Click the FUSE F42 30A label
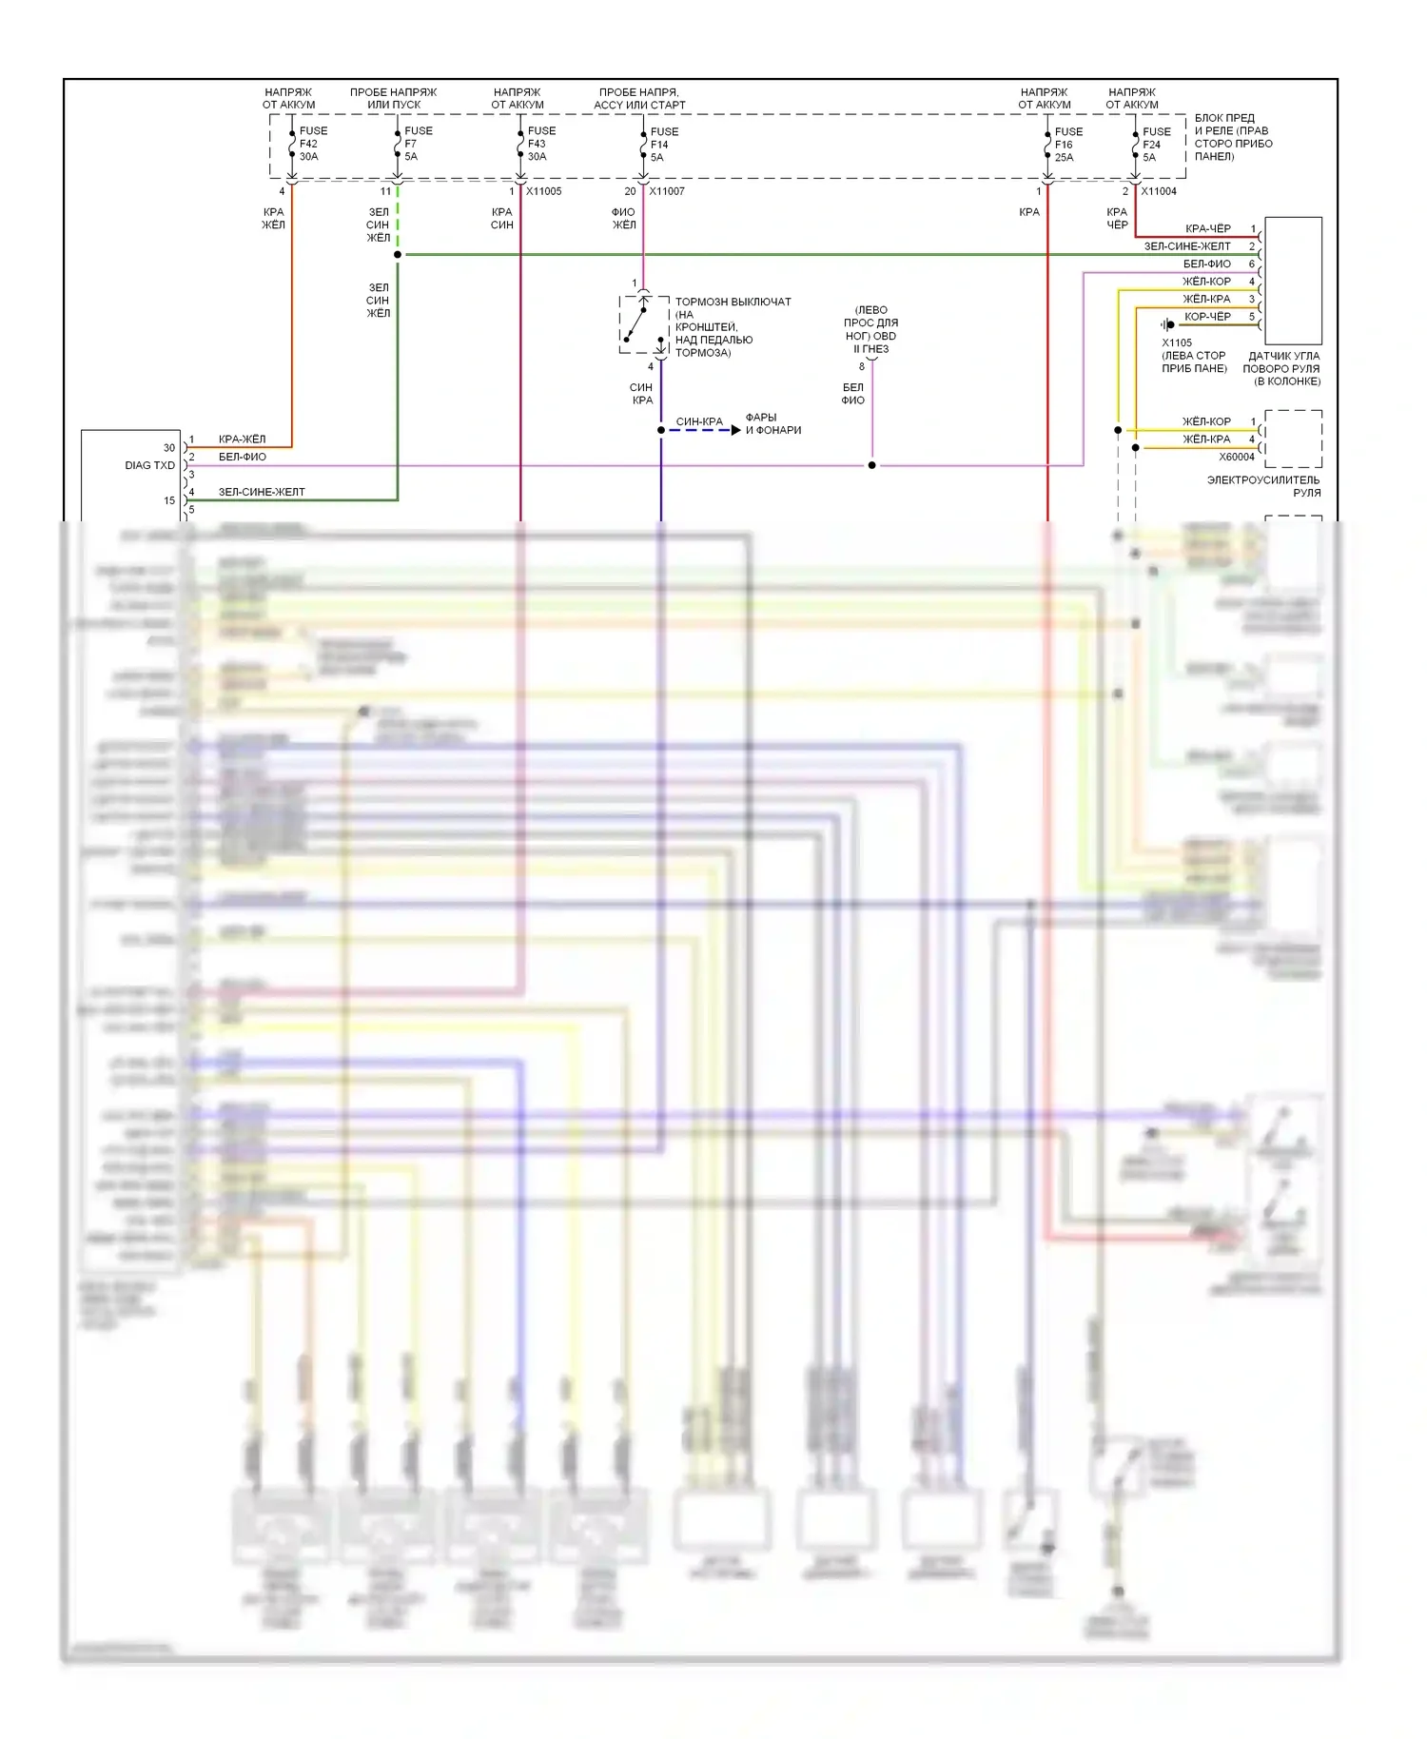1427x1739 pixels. (312, 144)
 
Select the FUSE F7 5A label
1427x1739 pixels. (417, 144)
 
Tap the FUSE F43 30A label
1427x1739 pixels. (540, 144)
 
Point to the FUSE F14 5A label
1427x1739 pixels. (663, 145)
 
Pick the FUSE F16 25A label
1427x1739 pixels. (1067, 145)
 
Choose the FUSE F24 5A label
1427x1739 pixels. (1156, 145)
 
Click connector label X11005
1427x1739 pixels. (544, 191)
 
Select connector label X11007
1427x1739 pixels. (667, 191)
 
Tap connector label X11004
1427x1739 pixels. (1159, 191)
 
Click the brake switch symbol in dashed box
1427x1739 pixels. (644, 324)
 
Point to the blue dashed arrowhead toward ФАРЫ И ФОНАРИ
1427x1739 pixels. (735, 430)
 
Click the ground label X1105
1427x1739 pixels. (1177, 342)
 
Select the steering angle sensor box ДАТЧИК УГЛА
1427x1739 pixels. (1292, 281)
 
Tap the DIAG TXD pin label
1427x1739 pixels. (150, 465)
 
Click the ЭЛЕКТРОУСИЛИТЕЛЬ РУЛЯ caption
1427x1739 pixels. (1263, 486)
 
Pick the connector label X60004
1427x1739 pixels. (1237, 457)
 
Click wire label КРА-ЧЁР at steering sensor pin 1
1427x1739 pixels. (1207, 228)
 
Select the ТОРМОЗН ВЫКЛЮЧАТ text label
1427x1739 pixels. (733, 302)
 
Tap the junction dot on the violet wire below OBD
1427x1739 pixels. (871, 465)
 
